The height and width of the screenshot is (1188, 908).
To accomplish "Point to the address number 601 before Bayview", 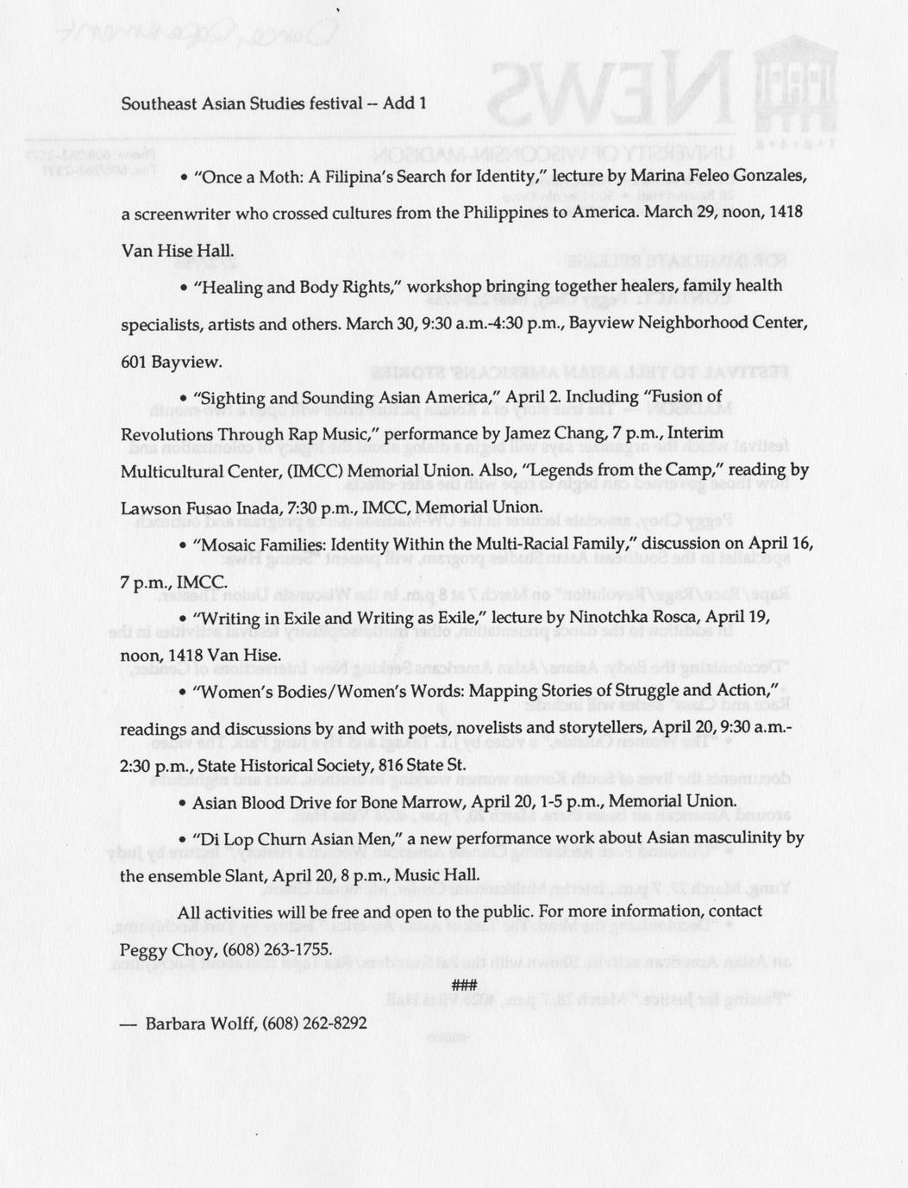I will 134,361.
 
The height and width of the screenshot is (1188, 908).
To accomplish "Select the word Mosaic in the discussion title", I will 227,544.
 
